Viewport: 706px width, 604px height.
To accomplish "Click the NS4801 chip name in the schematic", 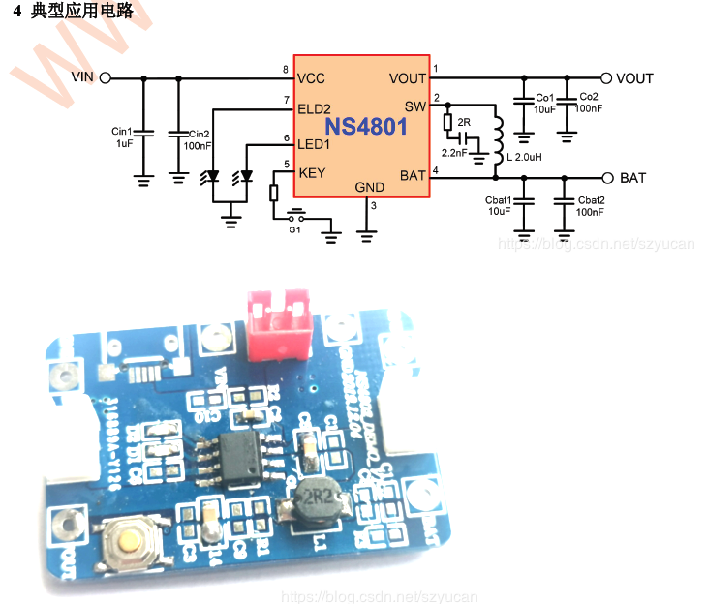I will [365, 127].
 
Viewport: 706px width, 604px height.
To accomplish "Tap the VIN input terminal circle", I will [105, 78].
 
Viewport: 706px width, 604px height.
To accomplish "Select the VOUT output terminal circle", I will [606, 78].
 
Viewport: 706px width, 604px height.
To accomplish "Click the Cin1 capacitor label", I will [121, 132].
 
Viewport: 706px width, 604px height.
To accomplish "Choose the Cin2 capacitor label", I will [199, 134].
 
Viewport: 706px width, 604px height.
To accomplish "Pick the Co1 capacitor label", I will [544, 98].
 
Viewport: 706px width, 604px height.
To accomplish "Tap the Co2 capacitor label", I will [588, 98].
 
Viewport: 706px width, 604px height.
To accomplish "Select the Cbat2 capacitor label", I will [591, 199].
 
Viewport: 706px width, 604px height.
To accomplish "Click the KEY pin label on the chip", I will [312, 174].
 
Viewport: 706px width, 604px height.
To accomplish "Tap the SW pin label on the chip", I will [414, 106].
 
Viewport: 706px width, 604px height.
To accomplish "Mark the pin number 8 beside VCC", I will [286, 71].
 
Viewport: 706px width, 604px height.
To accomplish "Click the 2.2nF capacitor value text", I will [453, 153].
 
